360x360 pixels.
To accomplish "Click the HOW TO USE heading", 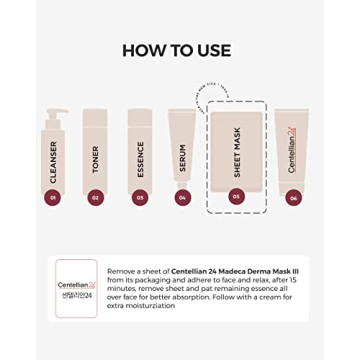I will (x=176, y=50).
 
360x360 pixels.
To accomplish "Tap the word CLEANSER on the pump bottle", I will (x=53, y=160).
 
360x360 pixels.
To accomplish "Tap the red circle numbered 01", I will (x=52, y=197).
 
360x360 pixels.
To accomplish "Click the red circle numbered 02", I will (x=96, y=197).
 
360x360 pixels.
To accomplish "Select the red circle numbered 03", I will (x=140, y=197).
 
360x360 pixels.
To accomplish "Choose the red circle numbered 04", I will (x=182, y=197).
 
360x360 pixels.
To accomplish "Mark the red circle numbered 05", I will (x=236, y=196).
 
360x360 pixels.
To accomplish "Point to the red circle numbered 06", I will (x=293, y=197).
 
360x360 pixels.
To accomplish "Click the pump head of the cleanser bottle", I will (x=54, y=114).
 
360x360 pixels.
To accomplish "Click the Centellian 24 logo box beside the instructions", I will (x=76, y=288).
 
